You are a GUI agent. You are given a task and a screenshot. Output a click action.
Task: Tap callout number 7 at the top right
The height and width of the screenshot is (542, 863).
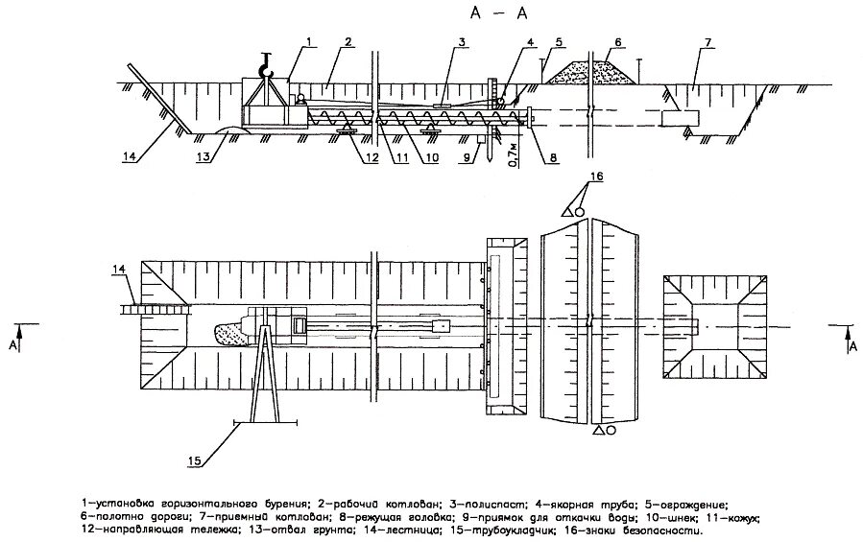707,41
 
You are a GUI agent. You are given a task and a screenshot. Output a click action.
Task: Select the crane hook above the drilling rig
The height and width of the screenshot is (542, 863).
266,66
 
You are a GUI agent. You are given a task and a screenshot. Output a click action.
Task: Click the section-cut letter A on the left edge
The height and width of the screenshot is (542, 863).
12,342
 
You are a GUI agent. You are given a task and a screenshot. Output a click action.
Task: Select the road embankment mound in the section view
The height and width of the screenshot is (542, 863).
594,72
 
